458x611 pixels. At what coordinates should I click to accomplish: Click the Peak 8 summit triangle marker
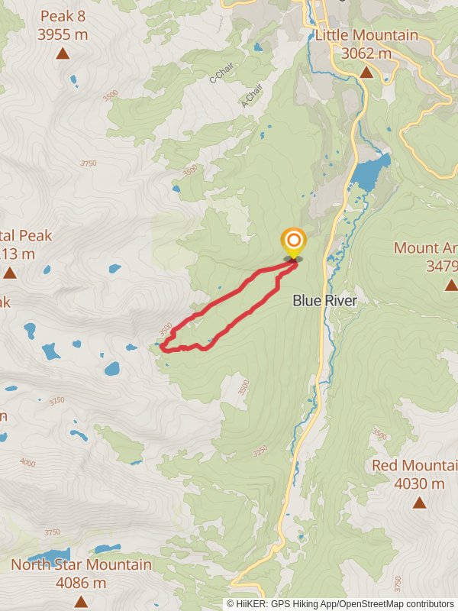pyautogui.click(x=62, y=53)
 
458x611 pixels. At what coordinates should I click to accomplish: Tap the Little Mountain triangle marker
pyautogui.click(x=366, y=73)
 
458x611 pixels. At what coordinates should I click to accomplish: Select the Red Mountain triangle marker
pyautogui.click(x=419, y=502)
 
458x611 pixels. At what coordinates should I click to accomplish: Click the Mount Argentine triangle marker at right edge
pyautogui.click(x=452, y=285)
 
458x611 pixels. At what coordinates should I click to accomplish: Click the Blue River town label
pyautogui.click(x=325, y=301)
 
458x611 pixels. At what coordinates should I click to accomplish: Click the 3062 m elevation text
pyautogui.click(x=366, y=53)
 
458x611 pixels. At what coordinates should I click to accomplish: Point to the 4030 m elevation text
pyautogui.click(x=419, y=483)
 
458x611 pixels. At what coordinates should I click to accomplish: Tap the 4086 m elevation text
pyautogui.click(x=81, y=583)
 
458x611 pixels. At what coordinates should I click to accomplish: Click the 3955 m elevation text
pyautogui.click(x=63, y=34)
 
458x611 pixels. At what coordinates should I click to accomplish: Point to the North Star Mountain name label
pyautogui.click(x=81, y=565)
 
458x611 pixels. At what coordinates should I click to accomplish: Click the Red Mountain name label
pyautogui.click(x=414, y=466)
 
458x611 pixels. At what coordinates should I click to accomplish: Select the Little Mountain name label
pyautogui.click(x=366, y=35)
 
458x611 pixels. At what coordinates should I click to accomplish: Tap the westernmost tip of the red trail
pyautogui.click(x=161, y=348)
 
